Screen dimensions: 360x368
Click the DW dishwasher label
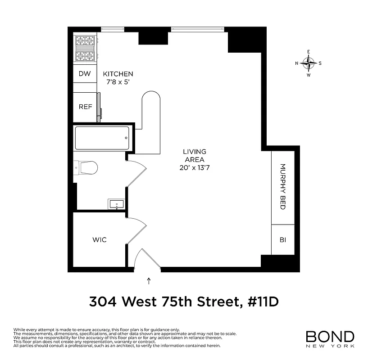point(85,74)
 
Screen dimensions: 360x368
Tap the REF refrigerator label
point(85,107)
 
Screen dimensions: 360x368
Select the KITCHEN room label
point(118,74)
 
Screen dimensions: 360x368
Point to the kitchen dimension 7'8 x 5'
point(118,82)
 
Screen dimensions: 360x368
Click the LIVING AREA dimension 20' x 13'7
point(194,168)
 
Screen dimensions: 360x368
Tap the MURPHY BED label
point(283,186)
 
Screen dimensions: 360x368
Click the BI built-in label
point(283,240)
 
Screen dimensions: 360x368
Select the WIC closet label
point(100,240)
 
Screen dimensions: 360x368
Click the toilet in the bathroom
point(87,168)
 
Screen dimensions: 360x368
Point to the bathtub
point(102,138)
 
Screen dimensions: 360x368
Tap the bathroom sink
point(117,204)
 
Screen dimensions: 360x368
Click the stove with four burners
point(85,49)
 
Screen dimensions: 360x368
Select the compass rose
point(309,63)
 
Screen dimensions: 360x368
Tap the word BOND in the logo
point(330,337)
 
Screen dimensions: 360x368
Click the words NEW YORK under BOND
point(330,346)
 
